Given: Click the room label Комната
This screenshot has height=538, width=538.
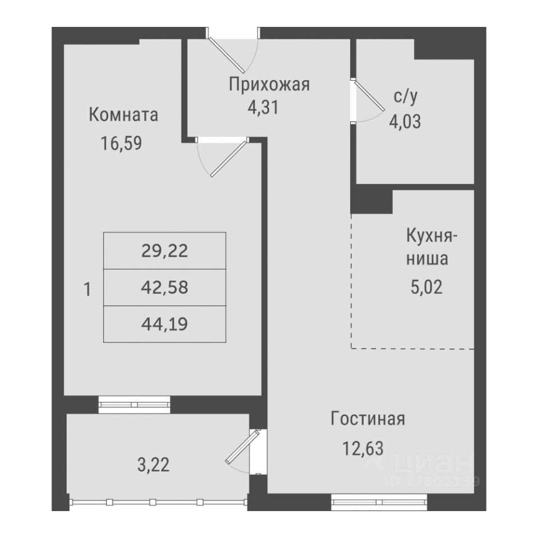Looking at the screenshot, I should [x=123, y=115].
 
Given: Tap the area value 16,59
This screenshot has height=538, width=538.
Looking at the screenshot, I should [x=122, y=143].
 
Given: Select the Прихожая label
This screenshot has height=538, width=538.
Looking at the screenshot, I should [x=269, y=85].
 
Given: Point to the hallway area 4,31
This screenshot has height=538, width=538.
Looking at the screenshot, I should [x=263, y=107].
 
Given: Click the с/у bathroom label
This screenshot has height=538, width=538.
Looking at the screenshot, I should [x=405, y=98].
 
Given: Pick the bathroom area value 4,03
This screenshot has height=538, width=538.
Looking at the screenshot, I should [x=405, y=120].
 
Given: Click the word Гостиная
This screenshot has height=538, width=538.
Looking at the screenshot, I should [x=368, y=419].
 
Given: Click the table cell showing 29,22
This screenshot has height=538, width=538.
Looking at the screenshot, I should [x=165, y=251].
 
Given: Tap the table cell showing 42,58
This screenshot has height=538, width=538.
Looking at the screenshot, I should [x=165, y=288].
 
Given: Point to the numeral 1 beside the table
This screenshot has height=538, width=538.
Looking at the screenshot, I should [x=87, y=290].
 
